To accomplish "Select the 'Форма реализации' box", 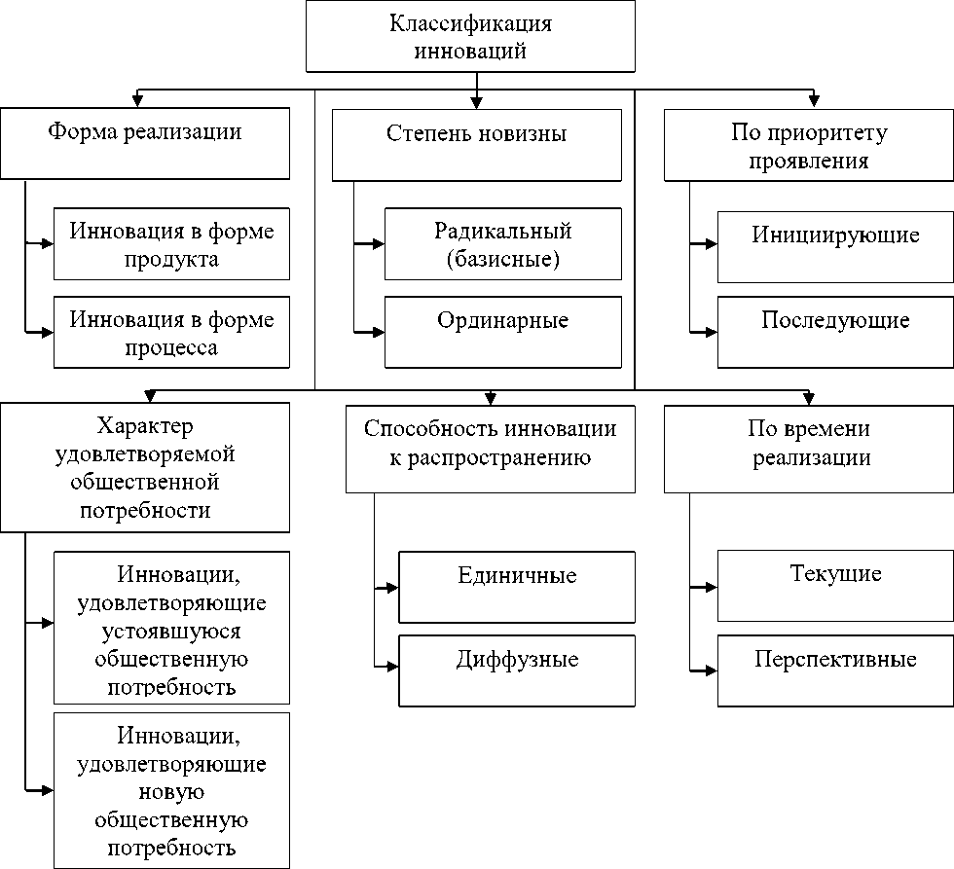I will [145, 143].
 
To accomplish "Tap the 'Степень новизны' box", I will [476, 144].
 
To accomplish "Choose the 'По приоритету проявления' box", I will [809, 145].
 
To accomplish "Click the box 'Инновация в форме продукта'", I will [171, 244].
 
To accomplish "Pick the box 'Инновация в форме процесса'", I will [171, 333].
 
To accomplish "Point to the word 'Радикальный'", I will [503, 232].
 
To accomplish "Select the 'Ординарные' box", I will [502, 332].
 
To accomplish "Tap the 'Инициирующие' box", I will [835, 246].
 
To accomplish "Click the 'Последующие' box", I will [835, 332].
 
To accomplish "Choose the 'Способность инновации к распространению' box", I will [490, 449].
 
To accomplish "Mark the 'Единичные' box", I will [516, 587].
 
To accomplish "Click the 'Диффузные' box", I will [516, 670].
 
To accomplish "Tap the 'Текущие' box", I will [835, 586].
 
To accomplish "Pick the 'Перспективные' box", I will [835, 670].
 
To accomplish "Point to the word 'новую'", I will [171, 791].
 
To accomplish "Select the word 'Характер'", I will [145, 427].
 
